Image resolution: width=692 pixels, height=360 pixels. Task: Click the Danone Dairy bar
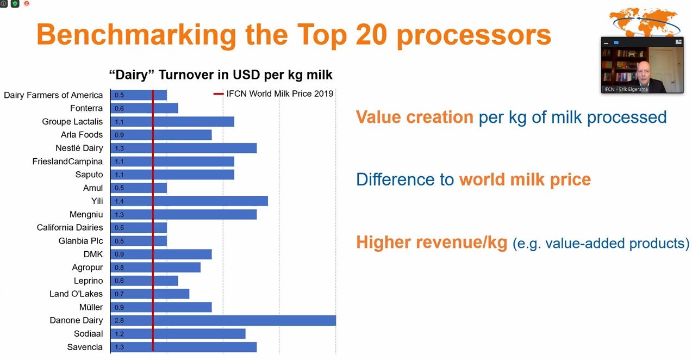[223, 320]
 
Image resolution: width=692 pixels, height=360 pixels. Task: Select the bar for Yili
[189, 201]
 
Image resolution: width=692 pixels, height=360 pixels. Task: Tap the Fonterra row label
[86, 108]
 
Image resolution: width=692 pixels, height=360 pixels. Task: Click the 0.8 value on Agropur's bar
[119, 268]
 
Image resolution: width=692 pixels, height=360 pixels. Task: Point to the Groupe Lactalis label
[72, 121]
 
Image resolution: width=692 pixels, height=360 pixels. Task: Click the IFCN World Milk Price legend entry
[273, 94]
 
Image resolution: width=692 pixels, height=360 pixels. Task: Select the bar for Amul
[139, 188]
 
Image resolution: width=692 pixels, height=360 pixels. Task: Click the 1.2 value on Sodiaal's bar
[119, 334]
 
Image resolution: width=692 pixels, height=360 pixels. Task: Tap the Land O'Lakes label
[76, 294]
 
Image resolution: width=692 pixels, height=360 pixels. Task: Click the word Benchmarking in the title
[136, 35]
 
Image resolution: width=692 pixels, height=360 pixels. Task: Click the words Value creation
[415, 117]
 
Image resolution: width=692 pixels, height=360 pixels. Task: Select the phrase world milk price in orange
[525, 180]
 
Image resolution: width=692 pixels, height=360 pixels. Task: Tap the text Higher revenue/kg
[432, 243]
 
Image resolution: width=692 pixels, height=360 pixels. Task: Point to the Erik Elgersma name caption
[626, 89]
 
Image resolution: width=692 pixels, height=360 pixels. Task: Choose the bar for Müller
[161, 307]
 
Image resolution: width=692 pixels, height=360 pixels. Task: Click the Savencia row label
[85, 347]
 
